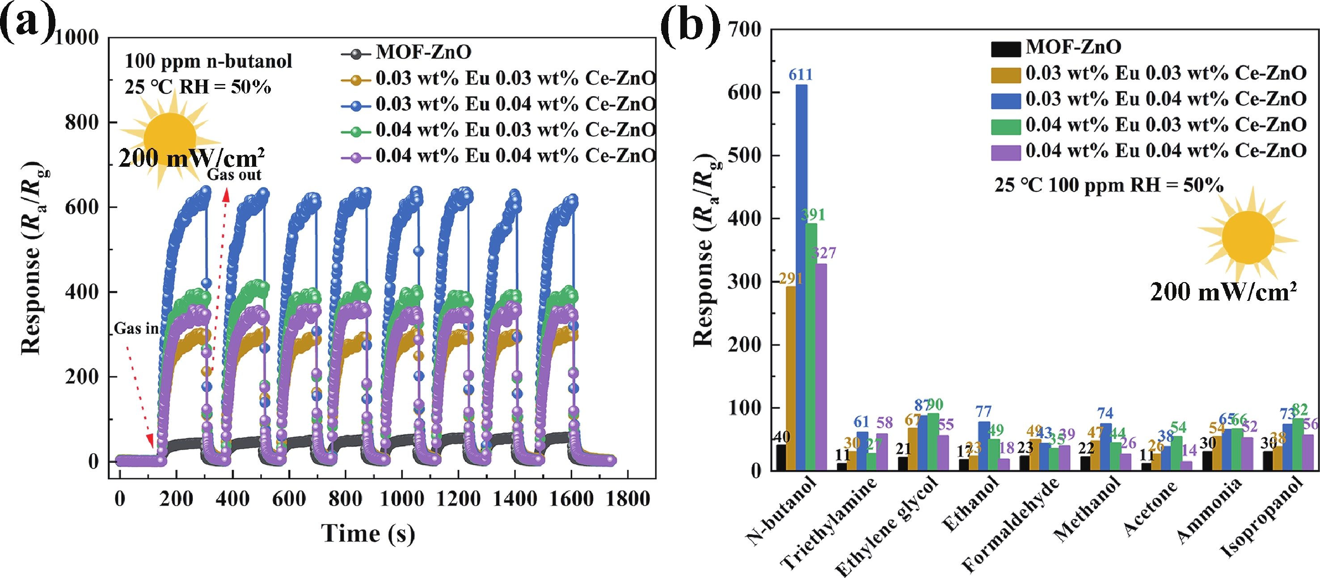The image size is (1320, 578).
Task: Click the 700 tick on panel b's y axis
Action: [x=745, y=30]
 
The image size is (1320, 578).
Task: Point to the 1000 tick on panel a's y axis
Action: [x=76, y=38]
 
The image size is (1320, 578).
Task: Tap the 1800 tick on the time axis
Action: [x=628, y=498]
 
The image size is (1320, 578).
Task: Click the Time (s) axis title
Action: [x=368, y=533]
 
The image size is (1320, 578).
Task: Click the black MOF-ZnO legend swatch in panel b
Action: [x=1005, y=49]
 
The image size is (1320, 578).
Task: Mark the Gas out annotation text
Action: [x=234, y=175]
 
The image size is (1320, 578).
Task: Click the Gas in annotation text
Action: [x=136, y=329]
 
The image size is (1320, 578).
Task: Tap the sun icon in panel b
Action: [x=1248, y=237]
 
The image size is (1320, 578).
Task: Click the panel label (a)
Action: [x=28, y=23]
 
